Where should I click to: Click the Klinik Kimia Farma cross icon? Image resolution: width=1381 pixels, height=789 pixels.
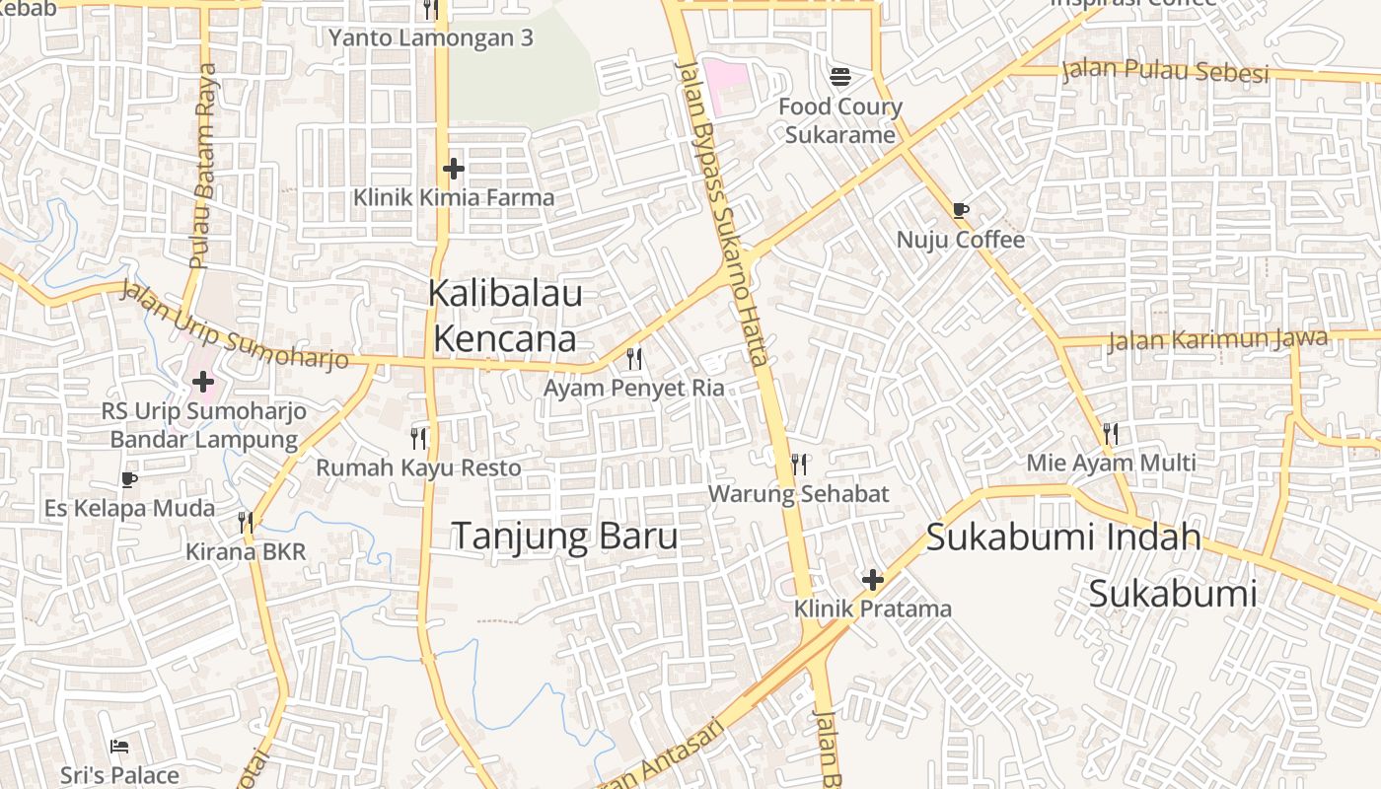click(453, 169)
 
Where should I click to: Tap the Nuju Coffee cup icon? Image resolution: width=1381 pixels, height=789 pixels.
click(961, 209)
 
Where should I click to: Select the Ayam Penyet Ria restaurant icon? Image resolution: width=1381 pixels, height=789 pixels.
click(634, 358)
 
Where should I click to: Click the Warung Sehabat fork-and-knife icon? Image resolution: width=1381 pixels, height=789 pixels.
click(799, 464)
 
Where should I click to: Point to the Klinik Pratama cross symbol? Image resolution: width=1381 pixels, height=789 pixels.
click(872, 580)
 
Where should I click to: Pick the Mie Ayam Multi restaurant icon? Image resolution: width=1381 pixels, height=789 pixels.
click(1111, 433)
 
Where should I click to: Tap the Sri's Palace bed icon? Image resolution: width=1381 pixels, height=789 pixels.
click(119, 746)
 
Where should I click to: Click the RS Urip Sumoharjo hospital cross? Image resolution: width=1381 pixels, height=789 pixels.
click(203, 381)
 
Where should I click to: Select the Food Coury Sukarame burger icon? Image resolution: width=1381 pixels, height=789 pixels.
click(840, 75)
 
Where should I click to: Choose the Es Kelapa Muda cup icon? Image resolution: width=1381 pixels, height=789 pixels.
click(128, 479)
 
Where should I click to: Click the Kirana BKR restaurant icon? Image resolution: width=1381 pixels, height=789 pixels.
click(246, 522)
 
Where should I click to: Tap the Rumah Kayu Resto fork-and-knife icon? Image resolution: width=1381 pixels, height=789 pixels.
click(418, 437)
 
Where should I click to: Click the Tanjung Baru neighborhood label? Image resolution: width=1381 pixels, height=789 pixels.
click(564, 536)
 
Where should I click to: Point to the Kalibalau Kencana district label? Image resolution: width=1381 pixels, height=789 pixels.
click(505, 316)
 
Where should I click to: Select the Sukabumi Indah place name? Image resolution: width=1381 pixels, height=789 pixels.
click(1063, 538)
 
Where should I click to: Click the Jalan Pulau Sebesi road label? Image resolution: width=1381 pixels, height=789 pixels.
click(1165, 72)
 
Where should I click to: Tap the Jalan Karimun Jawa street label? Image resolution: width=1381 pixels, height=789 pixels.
click(1217, 340)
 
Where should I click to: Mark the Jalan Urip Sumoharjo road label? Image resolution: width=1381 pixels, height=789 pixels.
click(235, 326)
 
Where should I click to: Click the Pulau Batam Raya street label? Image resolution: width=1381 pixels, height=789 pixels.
click(204, 166)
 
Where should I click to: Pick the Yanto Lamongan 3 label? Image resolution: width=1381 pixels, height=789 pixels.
click(431, 38)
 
